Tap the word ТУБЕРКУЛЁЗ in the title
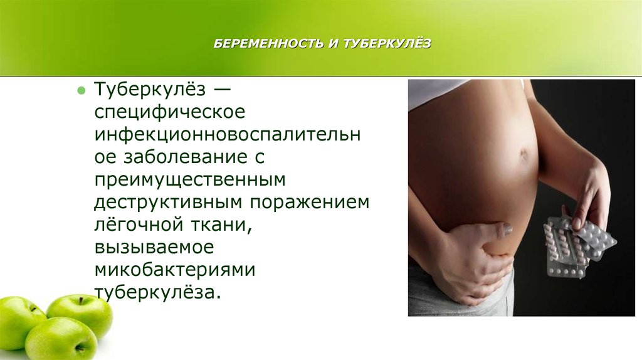pyautogui.click(x=387, y=43)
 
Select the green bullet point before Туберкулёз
pyautogui.click(x=81, y=90)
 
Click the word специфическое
pyautogui.click(x=169, y=112)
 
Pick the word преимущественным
pyautogui.click(x=189, y=180)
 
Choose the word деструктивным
pyautogui.click(x=169, y=203)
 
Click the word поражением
pyautogui.click(x=310, y=203)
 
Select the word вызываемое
pyautogui.click(x=154, y=247)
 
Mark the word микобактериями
pyautogui.click(x=175, y=270)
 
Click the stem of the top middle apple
pyautogui.click(x=82, y=300)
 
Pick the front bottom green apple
pyautogui.click(x=61, y=338)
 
